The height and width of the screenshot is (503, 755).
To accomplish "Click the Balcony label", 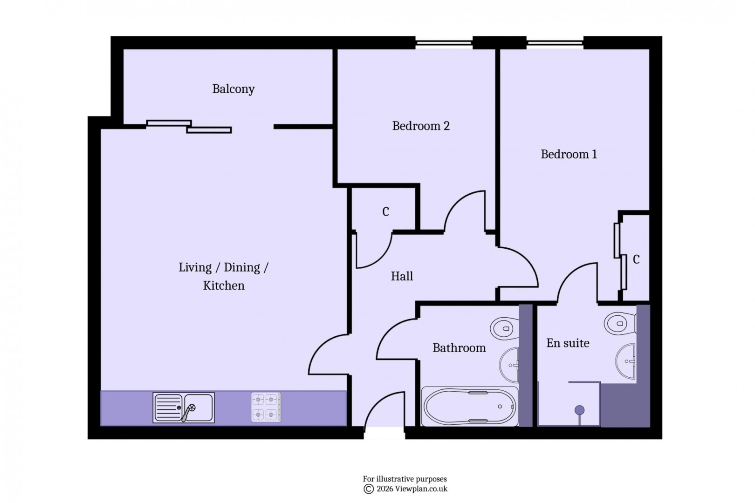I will click(x=233, y=89).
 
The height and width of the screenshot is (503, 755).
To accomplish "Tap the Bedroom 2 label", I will click(x=420, y=126).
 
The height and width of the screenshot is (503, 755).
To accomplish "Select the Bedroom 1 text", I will click(x=568, y=154).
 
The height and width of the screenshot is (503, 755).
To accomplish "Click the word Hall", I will click(x=401, y=276).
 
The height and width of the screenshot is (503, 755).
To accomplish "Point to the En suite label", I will click(x=567, y=343).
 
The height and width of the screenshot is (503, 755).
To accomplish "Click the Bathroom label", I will click(x=459, y=348).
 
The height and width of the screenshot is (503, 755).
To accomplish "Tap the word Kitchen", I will click(x=223, y=285).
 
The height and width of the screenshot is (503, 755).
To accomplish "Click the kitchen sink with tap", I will click(x=184, y=408).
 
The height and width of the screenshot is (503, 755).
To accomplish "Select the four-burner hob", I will click(x=266, y=407).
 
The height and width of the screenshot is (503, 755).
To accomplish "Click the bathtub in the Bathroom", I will click(x=469, y=406).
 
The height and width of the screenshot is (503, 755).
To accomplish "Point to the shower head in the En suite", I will click(x=579, y=410).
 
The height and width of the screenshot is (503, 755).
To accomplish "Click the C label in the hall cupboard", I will click(x=385, y=212).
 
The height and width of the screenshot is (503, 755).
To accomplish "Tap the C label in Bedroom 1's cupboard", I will click(x=636, y=259).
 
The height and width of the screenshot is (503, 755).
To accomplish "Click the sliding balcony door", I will click(x=189, y=126).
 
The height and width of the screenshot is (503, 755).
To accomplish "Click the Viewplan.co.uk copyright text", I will click(x=405, y=489).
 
